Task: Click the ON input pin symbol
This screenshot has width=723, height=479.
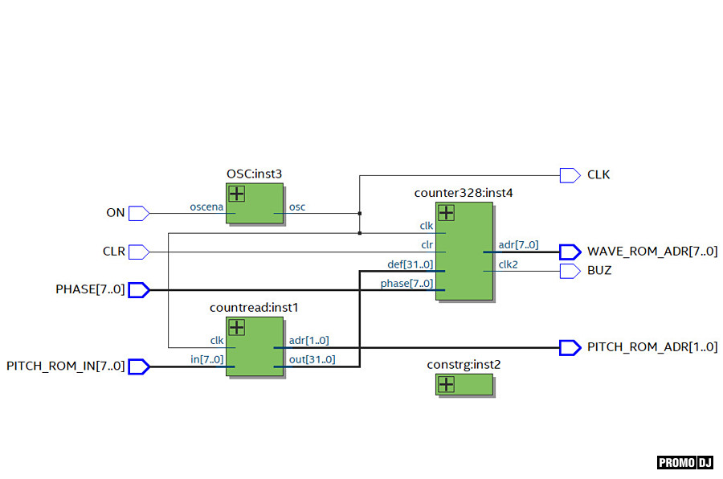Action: [x=139, y=213]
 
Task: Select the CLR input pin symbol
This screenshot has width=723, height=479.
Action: [x=139, y=252]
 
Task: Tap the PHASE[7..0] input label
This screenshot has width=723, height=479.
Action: [x=90, y=289]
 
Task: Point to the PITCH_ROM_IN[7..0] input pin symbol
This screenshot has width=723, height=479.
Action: [x=139, y=366]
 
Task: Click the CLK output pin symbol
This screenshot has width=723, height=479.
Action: [x=570, y=174]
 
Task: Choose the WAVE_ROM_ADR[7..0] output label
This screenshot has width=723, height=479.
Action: [x=652, y=252]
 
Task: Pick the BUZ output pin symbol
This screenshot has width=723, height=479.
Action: [x=570, y=271]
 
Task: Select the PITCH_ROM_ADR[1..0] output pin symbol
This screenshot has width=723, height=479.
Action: [x=570, y=347]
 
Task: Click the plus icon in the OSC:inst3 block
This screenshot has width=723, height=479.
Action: [x=237, y=194]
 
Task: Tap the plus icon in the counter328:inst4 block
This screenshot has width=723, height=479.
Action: [x=446, y=212]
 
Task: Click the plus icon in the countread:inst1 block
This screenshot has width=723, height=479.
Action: [x=237, y=327]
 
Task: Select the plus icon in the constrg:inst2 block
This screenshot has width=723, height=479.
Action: [x=446, y=385]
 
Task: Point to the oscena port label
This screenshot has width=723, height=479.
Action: [x=206, y=207]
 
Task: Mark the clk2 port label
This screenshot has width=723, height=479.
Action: [x=509, y=264]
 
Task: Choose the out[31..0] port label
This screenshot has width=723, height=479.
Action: [x=312, y=359]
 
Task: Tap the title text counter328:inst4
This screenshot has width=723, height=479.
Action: [x=464, y=193]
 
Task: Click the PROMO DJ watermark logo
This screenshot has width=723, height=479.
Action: [x=685, y=462]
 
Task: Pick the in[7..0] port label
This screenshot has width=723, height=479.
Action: [x=206, y=359]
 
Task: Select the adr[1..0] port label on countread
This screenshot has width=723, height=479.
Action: [x=308, y=340]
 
